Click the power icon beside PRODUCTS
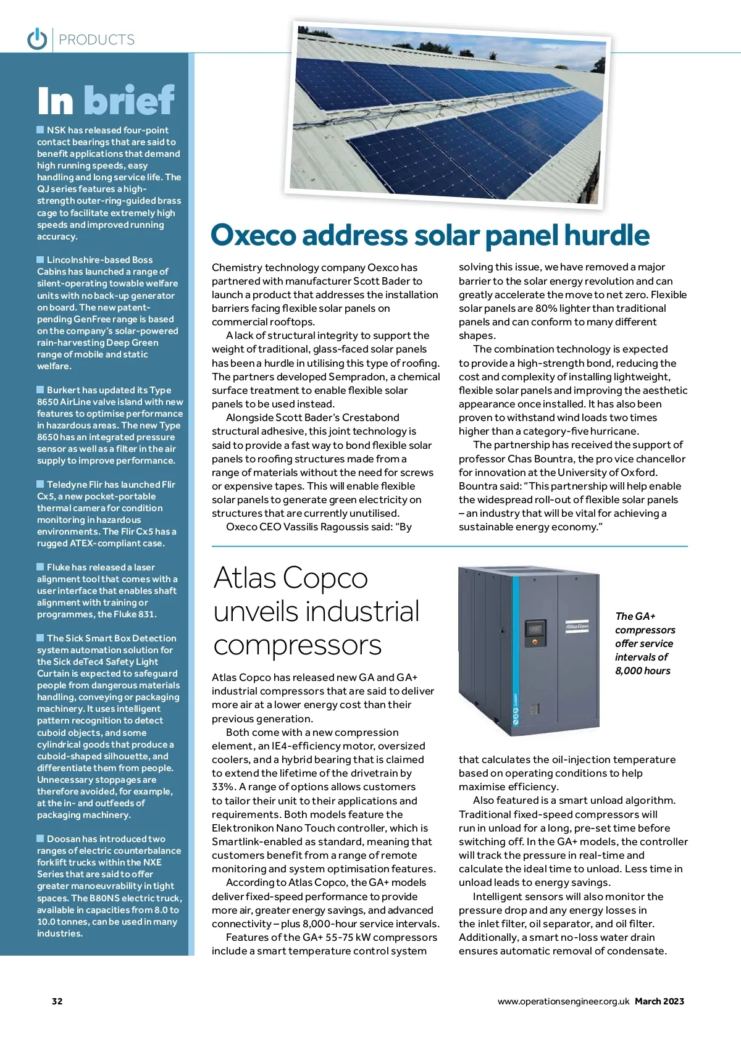(x=37, y=38)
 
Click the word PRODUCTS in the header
(x=97, y=40)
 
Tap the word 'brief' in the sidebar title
(x=129, y=101)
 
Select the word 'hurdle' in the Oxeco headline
(x=607, y=236)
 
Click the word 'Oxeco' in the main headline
(x=254, y=236)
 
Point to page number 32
(x=57, y=1001)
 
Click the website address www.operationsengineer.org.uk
(x=563, y=1001)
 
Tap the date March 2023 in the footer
(x=659, y=1001)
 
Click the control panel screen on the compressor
(x=535, y=629)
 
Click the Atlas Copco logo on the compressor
(x=577, y=626)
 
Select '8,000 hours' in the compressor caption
(x=642, y=671)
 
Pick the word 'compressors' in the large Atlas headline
(x=297, y=646)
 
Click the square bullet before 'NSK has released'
(x=41, y=130)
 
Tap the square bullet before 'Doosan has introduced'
(x=41, y=838)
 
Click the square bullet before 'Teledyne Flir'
(x=41, y=484)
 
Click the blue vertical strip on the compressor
(x=516, y=710)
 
